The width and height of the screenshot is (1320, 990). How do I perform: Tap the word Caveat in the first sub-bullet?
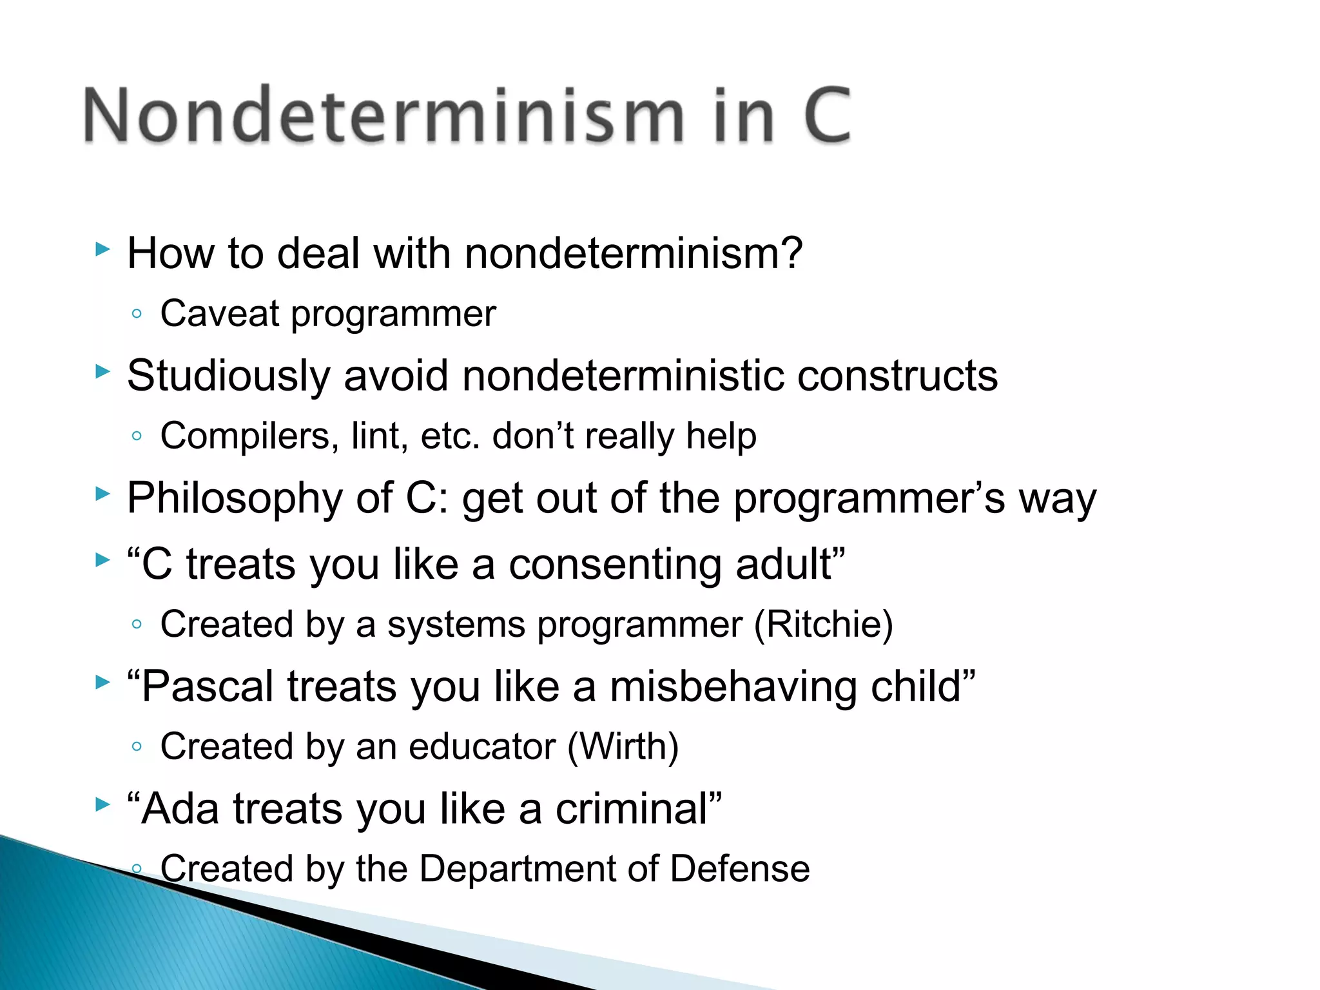(x=219, y=314)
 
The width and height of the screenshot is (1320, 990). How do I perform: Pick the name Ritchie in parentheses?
(x=823, y=624)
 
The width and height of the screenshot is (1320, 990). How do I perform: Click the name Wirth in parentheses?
(x=623, y=746)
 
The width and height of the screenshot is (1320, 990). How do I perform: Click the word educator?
(x=481, y=746)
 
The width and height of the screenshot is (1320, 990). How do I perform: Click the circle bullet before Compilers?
(x=136, y=436)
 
